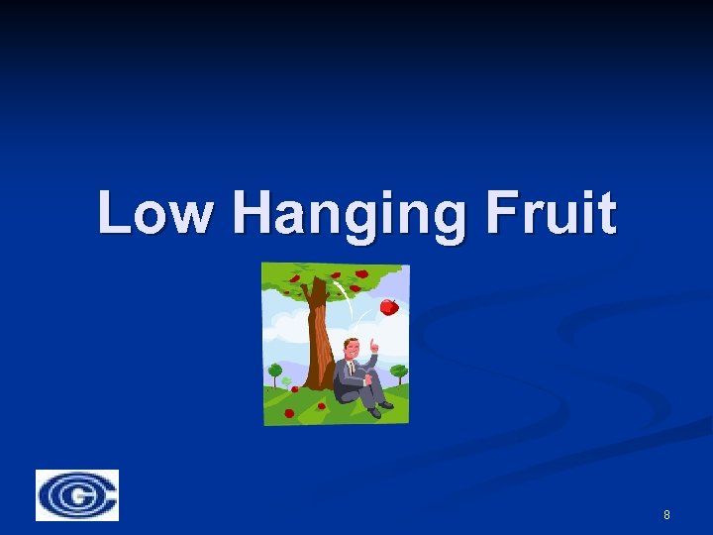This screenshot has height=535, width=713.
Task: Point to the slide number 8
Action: tap(666, 515)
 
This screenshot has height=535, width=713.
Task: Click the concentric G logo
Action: tap(77, 495)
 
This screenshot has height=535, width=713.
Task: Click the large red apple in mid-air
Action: tap(389, 307)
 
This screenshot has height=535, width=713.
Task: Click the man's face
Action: tap(351, 349)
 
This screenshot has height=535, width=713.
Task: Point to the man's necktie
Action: tap(351, 367)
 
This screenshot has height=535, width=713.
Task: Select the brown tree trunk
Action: tap(318, 337)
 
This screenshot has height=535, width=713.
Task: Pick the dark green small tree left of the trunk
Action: tap(275, 373)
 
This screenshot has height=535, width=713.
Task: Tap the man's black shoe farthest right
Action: tap(385, 404)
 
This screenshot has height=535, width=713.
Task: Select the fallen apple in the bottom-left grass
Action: tap(289, 413)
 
